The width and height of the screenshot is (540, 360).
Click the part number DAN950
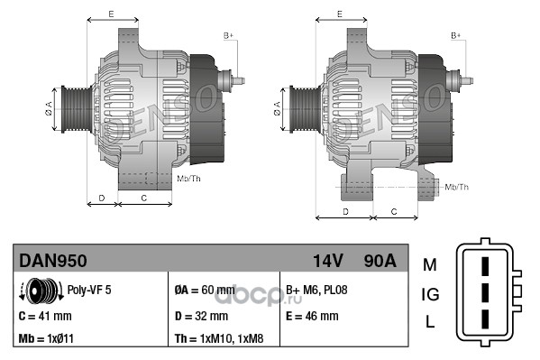[x=52, y=261]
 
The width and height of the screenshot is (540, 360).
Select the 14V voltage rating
[x=327, y=261]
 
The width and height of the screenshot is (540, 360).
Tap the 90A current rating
[x=380, y=261]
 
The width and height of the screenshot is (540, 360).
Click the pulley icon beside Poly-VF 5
[x=41, y=291]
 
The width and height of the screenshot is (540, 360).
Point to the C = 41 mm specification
[x=45, y=316]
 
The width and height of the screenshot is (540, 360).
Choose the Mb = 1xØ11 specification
[x=46, y=338]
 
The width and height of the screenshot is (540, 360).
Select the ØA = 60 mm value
[x=205, y=290]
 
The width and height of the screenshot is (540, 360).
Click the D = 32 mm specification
[x=201, y=316]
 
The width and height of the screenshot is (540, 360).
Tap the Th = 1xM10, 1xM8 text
[x=219, y=338]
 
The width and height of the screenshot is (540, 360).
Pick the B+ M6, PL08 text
[x=316, y=290]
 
